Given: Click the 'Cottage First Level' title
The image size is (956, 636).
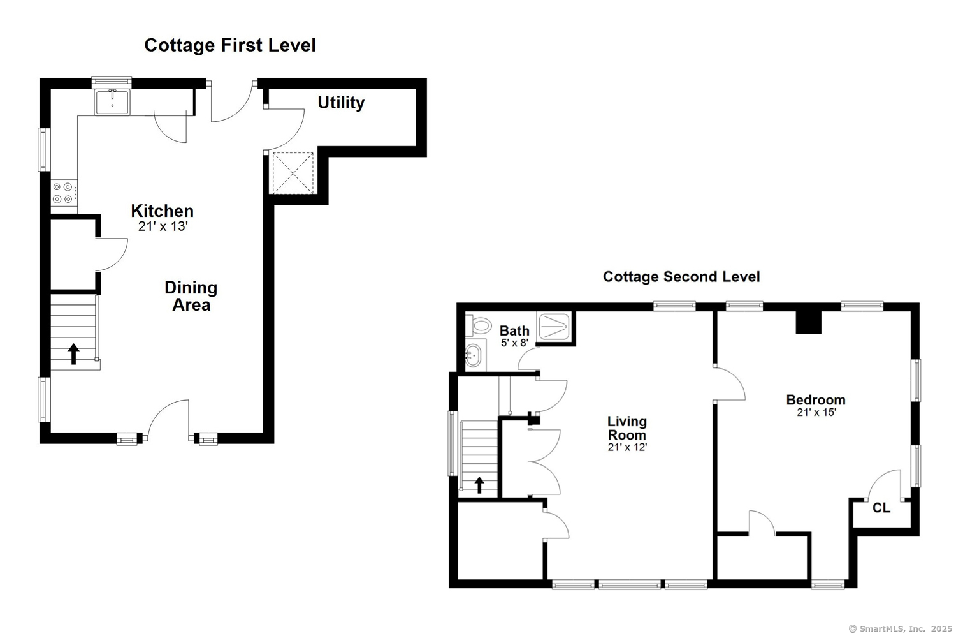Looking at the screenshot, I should point(230,45).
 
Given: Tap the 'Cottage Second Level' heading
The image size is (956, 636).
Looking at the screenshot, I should point(681,277).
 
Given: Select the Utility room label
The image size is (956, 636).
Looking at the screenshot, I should point(341,102).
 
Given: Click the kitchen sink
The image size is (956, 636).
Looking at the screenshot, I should point(112,102).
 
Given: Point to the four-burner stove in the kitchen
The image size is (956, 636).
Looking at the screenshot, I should point(64,193).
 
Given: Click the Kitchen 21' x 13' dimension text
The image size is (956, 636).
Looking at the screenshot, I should point(163,226).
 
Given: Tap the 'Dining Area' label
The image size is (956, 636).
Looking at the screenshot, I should point(191,296).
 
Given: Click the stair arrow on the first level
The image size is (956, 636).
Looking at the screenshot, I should point(74,353).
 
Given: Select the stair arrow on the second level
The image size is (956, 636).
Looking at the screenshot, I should point(479,485).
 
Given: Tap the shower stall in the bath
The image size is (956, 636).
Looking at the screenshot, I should point(554,327).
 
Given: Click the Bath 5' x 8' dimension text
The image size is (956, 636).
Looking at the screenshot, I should point(514,343).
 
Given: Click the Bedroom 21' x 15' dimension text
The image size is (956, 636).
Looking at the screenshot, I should point(816,413).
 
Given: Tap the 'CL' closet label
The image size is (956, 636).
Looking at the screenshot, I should point(881,508).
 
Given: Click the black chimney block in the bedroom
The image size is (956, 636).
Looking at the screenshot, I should point(808,322).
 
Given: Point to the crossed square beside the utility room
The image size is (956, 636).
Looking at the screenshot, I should point(293,172).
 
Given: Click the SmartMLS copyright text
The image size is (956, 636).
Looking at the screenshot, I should point(900,628).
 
